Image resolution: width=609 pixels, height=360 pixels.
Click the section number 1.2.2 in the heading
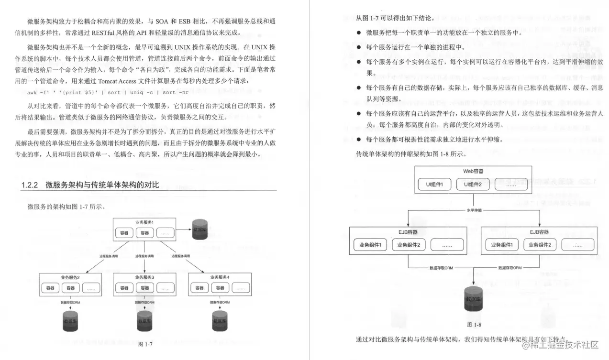[30, 185]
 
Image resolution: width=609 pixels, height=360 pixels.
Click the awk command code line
[108, 92]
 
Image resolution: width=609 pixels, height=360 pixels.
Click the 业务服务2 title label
[70, 277]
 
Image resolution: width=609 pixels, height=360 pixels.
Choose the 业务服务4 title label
[220, 277]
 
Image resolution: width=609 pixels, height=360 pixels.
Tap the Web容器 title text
[473, 171]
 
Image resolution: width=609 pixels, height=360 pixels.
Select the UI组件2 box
[473, 185]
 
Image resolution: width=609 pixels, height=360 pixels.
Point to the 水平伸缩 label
[474, 210]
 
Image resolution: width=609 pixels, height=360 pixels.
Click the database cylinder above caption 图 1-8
[474, 299]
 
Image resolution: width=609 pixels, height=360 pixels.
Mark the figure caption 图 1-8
[474, 325]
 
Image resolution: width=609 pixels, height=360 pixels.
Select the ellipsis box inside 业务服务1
[166, 233]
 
